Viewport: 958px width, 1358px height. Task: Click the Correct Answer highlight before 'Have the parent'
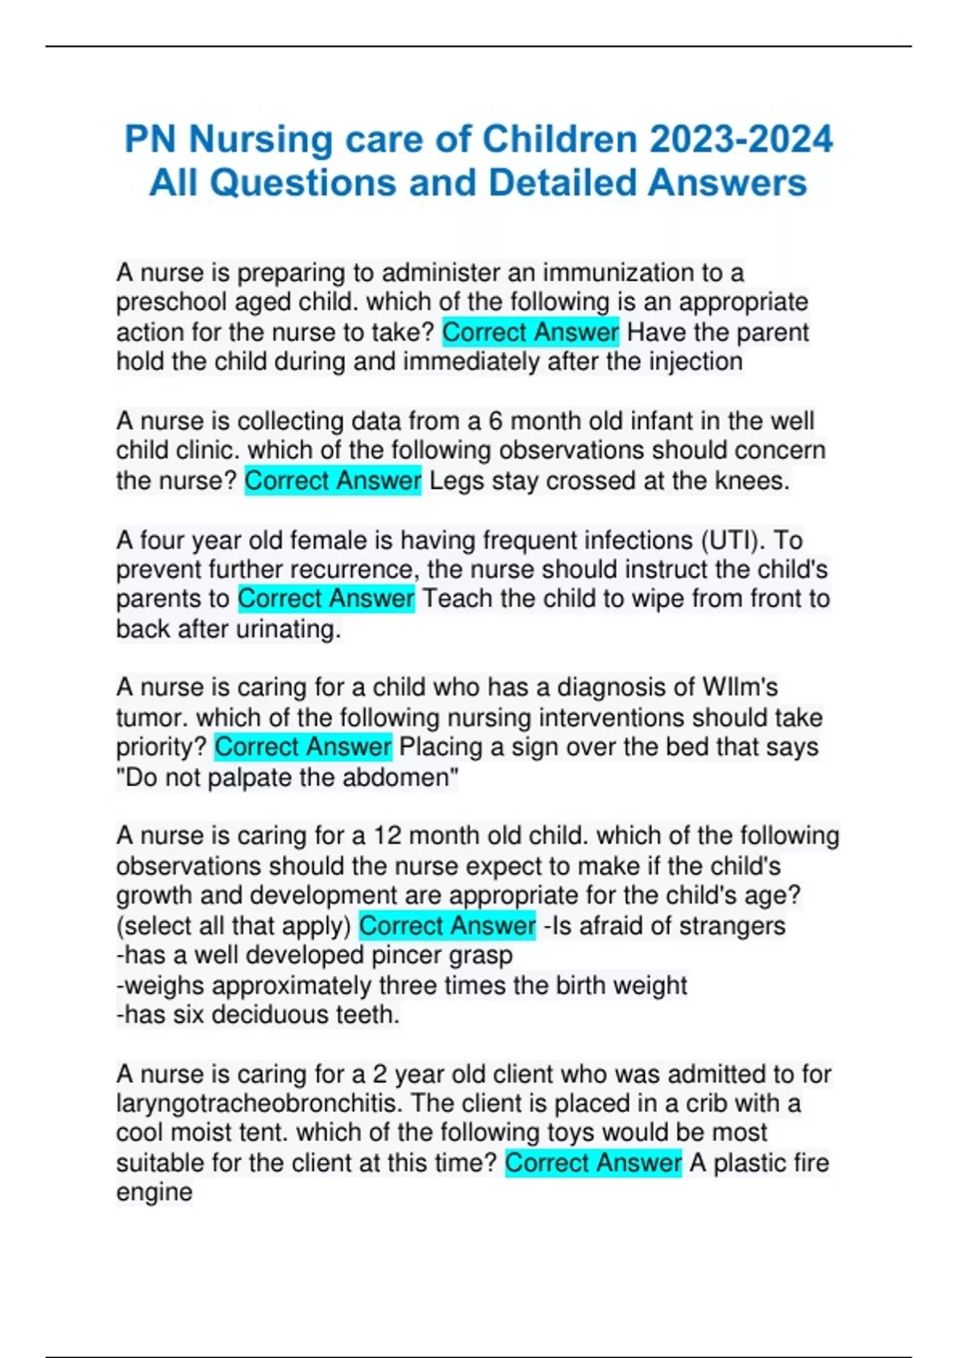(530, 332)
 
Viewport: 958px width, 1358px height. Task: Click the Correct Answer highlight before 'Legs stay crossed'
(332, 481)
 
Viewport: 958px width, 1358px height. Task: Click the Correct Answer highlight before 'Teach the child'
(326, 599)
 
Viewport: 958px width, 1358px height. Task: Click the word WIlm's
(739, 688)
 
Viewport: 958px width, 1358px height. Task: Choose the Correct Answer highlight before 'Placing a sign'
(303, 748)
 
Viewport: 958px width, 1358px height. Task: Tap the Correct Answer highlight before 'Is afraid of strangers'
(447, 926)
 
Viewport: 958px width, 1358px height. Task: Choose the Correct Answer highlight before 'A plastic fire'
(593, 1163)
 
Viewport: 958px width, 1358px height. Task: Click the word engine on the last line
(154, 1193)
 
